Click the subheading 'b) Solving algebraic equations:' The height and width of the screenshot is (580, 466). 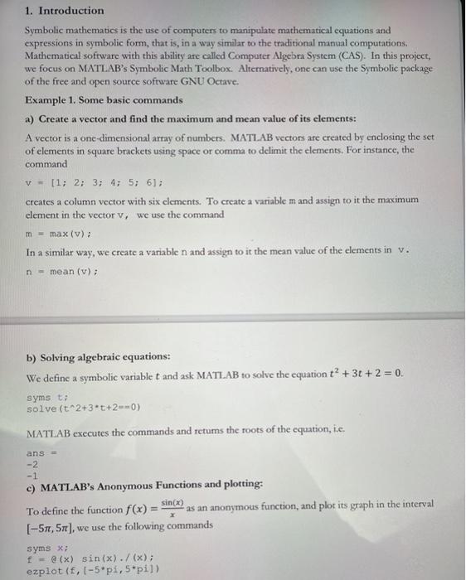pyautogui.click(x=98, y=357)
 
